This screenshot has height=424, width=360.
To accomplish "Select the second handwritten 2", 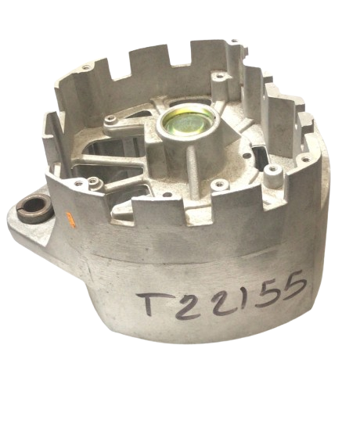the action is (225, 301).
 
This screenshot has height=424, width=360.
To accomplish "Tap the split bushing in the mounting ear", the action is (34, 209).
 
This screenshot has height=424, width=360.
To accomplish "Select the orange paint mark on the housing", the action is (70, 219).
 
